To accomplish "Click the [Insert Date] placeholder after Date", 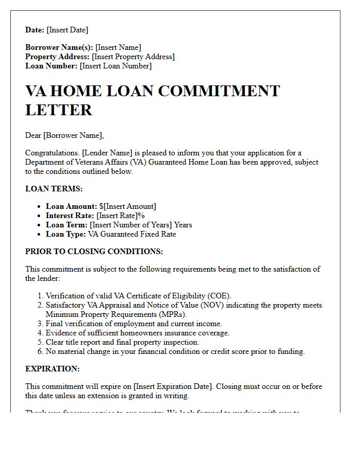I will (x=67, y=30).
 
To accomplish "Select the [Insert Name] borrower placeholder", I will (x=118, y=47).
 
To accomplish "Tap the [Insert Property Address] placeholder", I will (x=133, y=57).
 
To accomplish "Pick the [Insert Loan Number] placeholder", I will (x=116, y=66).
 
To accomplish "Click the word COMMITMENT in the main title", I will (x=219, y=91).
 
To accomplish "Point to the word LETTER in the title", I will (x=59, y=110).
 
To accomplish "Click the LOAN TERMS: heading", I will (x=54, y=189).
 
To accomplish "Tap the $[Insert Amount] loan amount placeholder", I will (x=128, y=206).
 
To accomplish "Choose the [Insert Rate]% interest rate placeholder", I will (x=121, y=216).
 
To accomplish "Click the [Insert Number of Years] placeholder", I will (x=131, y=225).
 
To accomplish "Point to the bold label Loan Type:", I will (x=66, y=234).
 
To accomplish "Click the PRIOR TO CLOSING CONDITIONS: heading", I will (x=94, y=252).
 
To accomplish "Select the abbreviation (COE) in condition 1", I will (x=220, y=296).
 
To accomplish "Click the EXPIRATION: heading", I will (x=52, y=369).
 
